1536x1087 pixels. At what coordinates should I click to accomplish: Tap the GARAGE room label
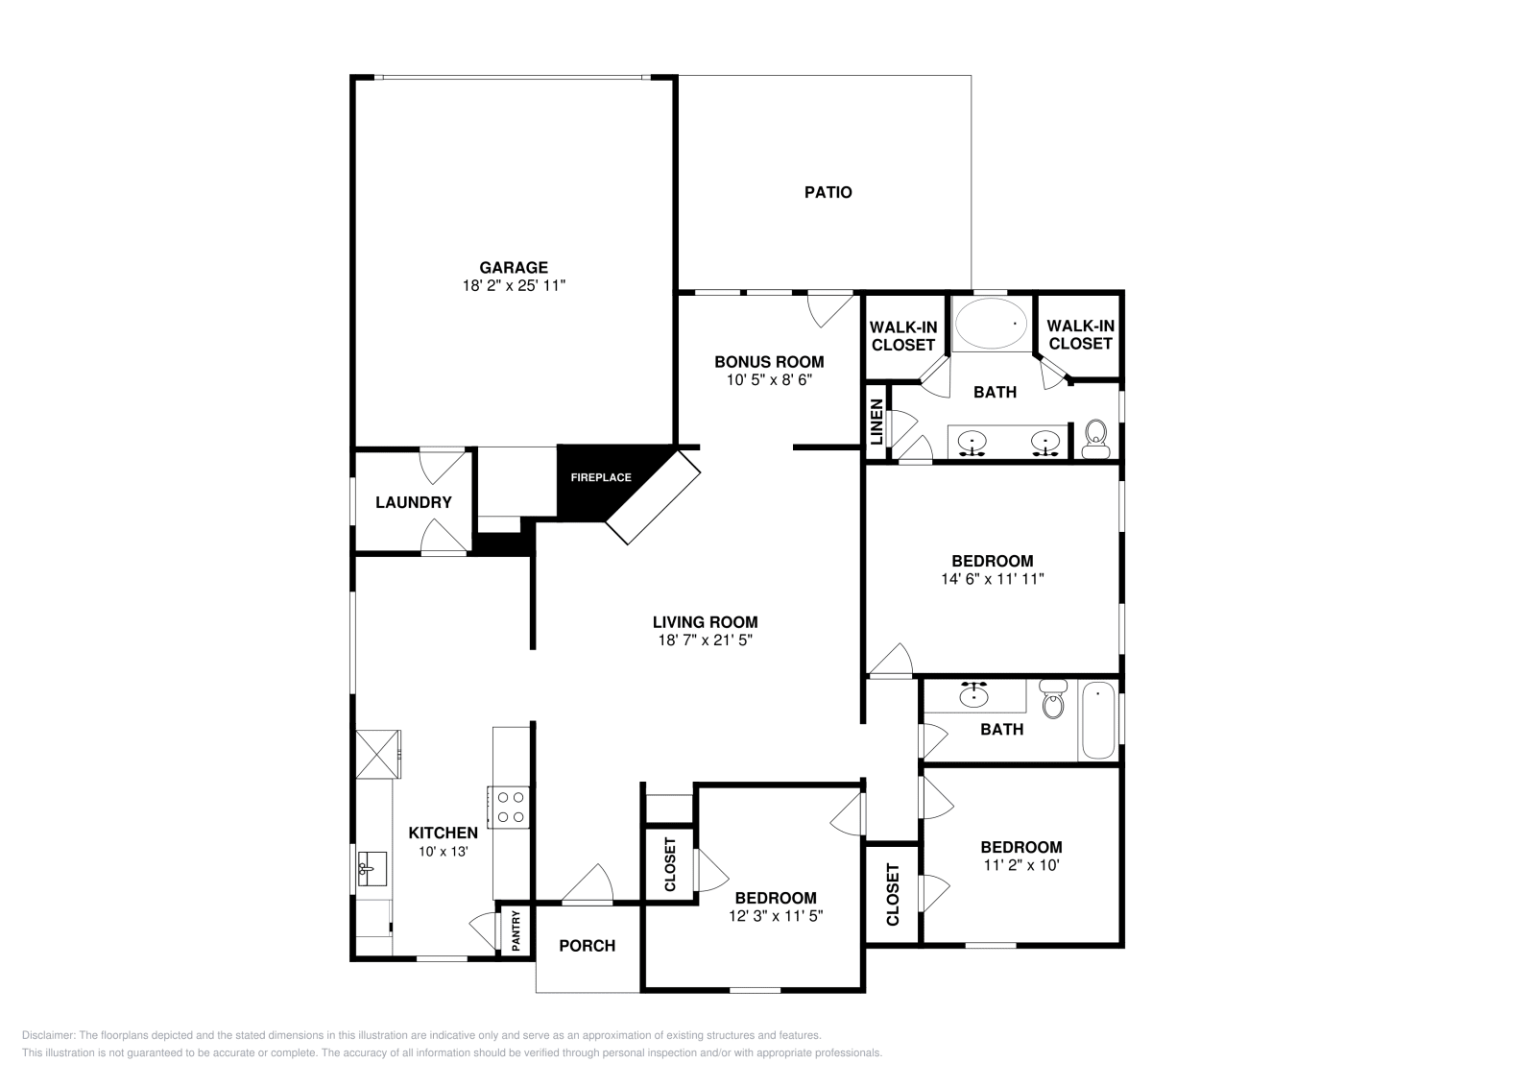(514, 268)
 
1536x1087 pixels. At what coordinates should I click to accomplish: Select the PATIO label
(828, 192)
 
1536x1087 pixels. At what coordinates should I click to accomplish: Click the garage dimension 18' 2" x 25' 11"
(514, 285)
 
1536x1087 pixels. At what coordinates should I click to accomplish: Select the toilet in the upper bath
(1095, 441)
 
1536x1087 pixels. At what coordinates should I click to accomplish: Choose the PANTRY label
(516, 930)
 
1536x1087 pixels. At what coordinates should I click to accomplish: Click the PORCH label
(587, 946)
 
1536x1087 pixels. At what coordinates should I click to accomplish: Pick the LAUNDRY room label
(413, 502)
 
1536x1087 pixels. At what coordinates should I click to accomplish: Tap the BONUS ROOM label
(769, 362)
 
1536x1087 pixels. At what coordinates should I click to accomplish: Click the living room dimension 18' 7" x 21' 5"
(706, 640)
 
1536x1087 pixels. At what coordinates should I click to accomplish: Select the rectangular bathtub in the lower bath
(1097, 720)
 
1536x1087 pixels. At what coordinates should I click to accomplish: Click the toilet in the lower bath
(1053, 700)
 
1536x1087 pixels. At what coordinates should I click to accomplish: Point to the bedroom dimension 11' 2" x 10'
(1020, 864)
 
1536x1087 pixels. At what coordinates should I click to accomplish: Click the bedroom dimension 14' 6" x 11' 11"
(992, 579)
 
